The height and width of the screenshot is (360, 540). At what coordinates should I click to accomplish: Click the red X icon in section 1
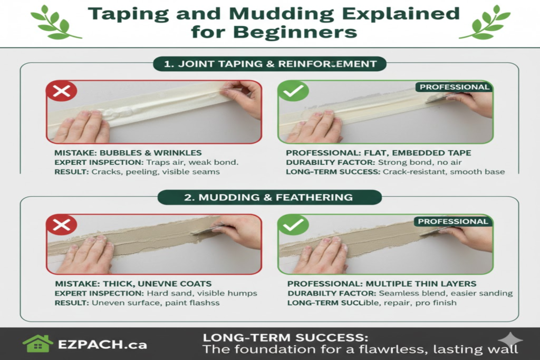62,91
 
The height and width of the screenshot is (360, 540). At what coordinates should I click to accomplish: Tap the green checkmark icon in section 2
293,226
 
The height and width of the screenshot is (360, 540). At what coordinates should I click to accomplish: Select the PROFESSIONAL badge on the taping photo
454,87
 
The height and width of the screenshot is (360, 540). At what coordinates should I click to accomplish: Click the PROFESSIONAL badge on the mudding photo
454,221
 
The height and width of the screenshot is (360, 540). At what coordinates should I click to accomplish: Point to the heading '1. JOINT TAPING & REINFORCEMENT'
269,64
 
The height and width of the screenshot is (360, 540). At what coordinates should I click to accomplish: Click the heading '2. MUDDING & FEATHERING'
269,197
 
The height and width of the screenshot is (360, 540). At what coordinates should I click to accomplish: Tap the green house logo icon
37,344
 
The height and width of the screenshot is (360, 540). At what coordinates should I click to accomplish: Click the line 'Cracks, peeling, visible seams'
156,172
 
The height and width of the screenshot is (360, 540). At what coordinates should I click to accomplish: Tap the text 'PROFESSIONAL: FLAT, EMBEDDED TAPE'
379,153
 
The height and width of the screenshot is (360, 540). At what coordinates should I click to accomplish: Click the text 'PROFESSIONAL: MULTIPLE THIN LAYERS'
382,284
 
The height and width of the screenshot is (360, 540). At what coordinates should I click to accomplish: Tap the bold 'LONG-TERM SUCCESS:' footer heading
286,337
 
